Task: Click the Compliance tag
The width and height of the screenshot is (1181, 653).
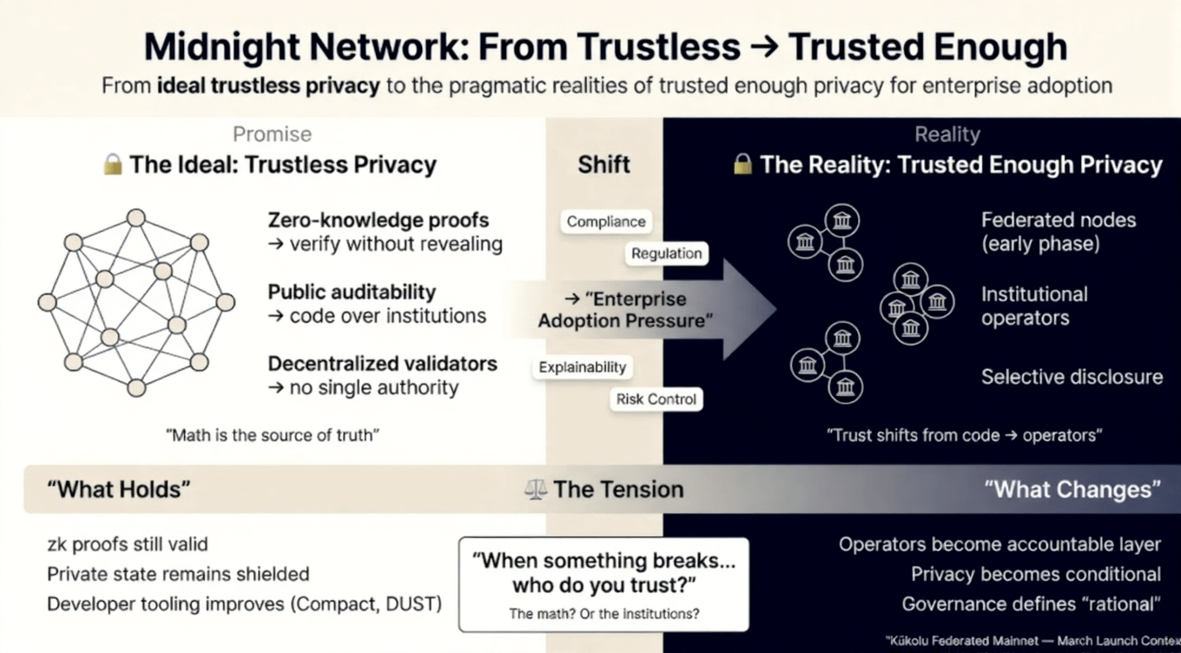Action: pyautogui.click(x=605, y=221)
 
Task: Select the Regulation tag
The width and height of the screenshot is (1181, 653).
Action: pyautogui.click(x=666, y=254)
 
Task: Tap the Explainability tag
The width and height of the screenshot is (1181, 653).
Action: pyautogui.click(x=582, y=367)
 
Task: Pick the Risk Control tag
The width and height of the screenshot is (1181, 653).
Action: pyautogui.click(x=656, y=399)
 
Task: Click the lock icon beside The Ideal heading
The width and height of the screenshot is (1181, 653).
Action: pyautogui.click(x=112, y=164)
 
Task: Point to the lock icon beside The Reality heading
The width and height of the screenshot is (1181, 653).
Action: pyautogui.click(x=742, y=164)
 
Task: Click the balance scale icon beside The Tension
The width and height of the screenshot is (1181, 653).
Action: pyautogui.click(x=536, y=490)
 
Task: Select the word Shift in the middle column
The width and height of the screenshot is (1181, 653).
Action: pyautogui.click(x=604, y=164)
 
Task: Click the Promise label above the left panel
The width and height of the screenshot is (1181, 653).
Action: pyautogui.click(x=272, y=135)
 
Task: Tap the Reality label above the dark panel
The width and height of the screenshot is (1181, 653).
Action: pyautogui.click(x=947, y=135)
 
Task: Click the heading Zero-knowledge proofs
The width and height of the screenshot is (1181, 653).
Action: pyautogui.click(x=378, y=221)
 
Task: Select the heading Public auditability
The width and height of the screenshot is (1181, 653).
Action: pyautogui.click(x=352, y=293)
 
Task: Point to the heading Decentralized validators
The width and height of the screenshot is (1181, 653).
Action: pyautogui.click(x=382, y=363)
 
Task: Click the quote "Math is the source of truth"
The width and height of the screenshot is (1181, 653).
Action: pyautogui.click(x=273, y=435)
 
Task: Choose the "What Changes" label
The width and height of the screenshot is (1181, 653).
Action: pyautogui.click(x=1072, y=489)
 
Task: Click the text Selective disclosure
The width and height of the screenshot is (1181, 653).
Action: pyautogui.click(x=1072, y=377)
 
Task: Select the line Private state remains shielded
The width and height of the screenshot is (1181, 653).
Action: pyautogui.click(x=178, y=574)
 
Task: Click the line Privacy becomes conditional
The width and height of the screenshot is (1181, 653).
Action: pyautogui.click(x=1035, y=574)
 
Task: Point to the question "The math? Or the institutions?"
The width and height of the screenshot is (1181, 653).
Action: pyautogui.click(x=604, y=614)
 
